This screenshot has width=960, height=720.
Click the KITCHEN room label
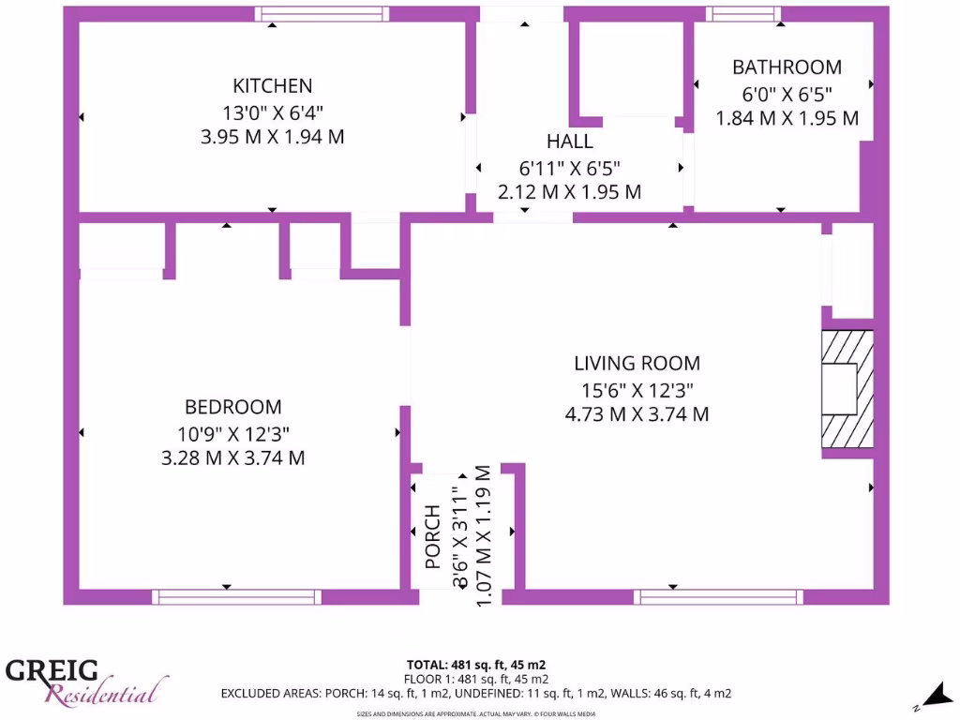(x=272, y=86)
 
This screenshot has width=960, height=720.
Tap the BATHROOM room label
(x=787, y=67)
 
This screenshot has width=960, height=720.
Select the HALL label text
(x=569, y=142)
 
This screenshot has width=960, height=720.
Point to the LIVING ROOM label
(x=637, y=364)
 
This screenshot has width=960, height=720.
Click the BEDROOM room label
(x=232, y=407)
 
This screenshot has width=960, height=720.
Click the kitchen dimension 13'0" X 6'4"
(x=272, y=112)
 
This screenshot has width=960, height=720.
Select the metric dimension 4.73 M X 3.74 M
(x=637, y=414)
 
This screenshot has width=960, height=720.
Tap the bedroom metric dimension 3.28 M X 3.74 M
(x=232, y=458)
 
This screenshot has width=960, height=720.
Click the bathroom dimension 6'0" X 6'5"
(x=787, y=94)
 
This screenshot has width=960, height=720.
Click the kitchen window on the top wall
(x=322, y=13)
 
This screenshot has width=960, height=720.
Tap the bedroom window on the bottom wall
(x=236, y=596)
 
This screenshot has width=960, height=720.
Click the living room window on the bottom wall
(x=718, y=596)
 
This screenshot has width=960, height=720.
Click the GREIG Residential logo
(x=84, y=681)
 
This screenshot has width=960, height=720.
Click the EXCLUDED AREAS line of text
(x=476, y=694)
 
